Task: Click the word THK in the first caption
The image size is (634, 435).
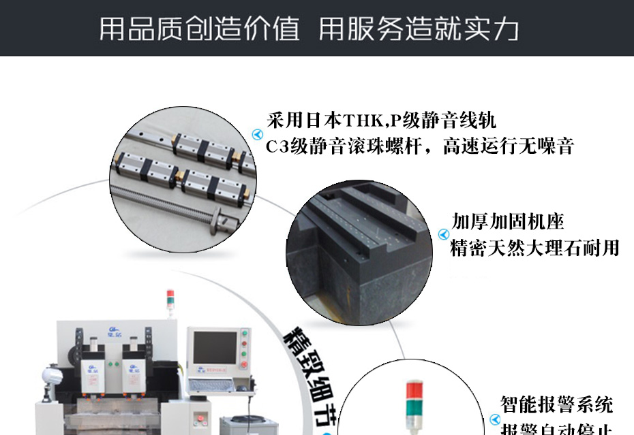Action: click(x=364, y=123)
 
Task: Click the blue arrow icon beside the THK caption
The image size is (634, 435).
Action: click(x=257, y=133)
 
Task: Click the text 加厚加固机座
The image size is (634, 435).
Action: click(x=508, y=222)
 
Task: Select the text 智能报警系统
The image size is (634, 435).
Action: click(x=556, y=405)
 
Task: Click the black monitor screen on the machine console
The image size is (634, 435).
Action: click(x=214, y=348)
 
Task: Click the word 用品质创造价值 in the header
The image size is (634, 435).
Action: click(x=199, y=29)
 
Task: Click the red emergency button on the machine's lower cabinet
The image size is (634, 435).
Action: click(x=201, y=416)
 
